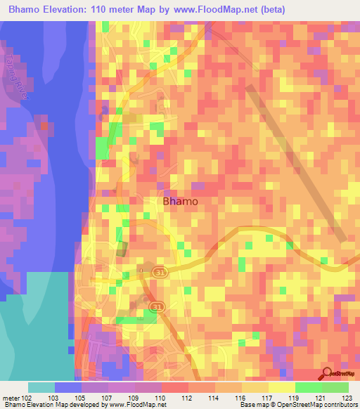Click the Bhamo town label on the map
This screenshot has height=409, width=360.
(180, 201)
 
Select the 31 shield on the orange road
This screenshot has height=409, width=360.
(154, 306)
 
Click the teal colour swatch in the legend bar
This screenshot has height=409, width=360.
(41, 387)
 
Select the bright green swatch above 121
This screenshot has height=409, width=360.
(309, 387)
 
